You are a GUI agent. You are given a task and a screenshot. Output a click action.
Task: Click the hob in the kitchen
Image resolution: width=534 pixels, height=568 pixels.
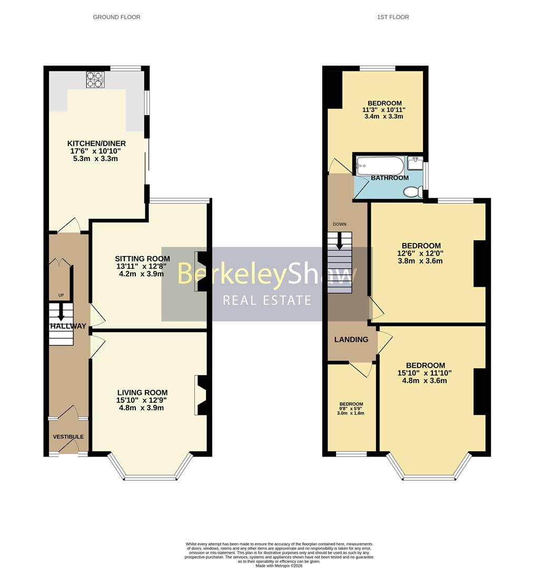95,79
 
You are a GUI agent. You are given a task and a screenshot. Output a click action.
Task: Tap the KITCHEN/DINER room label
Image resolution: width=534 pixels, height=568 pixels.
96,144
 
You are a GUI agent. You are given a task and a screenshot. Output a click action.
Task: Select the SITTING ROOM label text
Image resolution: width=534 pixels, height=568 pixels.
143,258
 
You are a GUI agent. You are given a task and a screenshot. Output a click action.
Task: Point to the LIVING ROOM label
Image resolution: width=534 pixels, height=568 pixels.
142,392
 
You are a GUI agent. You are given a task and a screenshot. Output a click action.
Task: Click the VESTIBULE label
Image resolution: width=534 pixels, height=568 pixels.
68,437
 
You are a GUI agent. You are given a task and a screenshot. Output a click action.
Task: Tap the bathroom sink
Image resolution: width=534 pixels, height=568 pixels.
416,163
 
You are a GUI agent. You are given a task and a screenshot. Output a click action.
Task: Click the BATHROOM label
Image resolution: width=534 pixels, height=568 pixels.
390,178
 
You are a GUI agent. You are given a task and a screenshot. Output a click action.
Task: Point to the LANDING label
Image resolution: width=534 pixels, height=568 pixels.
351,339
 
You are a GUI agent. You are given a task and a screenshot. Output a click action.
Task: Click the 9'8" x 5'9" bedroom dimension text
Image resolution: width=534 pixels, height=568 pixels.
351,409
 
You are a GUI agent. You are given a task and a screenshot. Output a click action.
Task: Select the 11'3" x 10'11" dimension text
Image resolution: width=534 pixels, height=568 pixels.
384,110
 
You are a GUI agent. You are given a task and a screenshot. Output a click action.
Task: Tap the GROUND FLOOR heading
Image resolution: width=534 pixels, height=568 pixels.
116,17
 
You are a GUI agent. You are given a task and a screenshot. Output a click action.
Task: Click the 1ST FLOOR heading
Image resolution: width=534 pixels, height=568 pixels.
393,17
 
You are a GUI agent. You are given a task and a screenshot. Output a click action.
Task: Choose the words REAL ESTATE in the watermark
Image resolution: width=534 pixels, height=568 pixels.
267,300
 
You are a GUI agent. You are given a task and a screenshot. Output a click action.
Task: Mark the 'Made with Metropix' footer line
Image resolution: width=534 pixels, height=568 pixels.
279,565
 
